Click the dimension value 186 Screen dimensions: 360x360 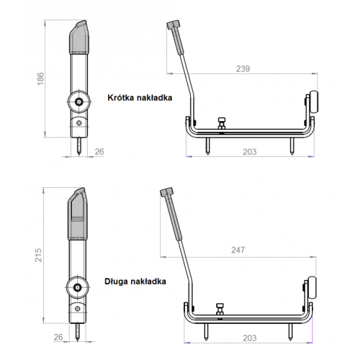tap(40, 78)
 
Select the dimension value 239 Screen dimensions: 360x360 tap(243, 69)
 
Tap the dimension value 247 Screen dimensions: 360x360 tap(238, 250)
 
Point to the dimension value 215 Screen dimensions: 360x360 tap(38, 255)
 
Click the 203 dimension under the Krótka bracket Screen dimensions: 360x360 tap(250, 152)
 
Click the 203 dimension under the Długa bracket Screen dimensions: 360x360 tap(250, 338)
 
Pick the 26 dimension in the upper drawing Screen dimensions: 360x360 tap(99, 152)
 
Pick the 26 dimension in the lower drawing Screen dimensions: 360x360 tap(58, 337)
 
